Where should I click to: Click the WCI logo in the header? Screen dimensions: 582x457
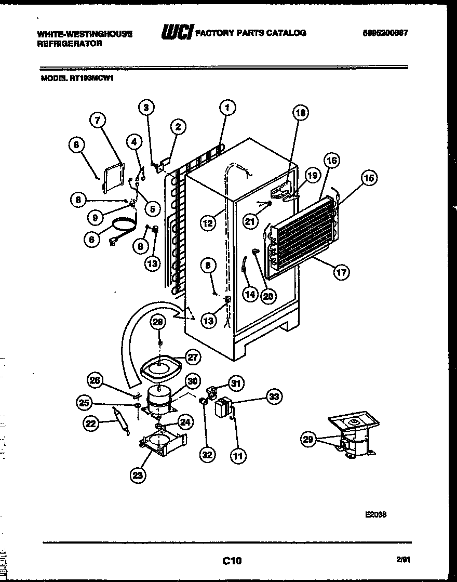coord(177,33)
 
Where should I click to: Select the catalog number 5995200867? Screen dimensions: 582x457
coord(385,33)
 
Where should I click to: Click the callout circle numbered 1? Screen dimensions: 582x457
coord(227,108)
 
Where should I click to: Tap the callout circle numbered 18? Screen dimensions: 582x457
coord(300,112)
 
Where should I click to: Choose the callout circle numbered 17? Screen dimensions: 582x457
coord(341,271)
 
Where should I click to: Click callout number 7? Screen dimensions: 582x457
coord(97,120)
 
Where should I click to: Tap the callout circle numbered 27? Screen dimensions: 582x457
coord(193,357)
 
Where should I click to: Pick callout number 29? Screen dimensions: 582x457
coord(308,440)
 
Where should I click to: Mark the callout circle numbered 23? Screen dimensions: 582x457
coord(139,474)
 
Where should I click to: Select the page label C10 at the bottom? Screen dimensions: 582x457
coord(232,560)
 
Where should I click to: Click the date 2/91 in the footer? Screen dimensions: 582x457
coord(402,560)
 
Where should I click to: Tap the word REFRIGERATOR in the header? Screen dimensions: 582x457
coord(69,44)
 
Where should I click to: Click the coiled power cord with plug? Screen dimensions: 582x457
coord(123,229)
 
